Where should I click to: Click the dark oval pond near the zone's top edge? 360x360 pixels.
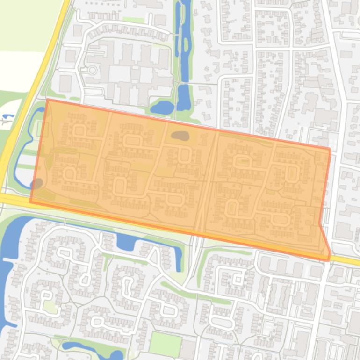[180, 136]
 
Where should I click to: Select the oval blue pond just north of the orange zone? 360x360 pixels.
[162, 108]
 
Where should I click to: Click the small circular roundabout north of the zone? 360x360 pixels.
[92, 71]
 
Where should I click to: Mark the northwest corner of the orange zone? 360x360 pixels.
[47, 100]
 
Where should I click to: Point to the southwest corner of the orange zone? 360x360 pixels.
[30, 202]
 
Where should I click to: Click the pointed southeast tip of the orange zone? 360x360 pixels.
[329, 260]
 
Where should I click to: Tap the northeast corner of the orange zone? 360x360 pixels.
[330, 150]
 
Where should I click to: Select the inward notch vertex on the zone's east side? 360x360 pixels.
[320, 223]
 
